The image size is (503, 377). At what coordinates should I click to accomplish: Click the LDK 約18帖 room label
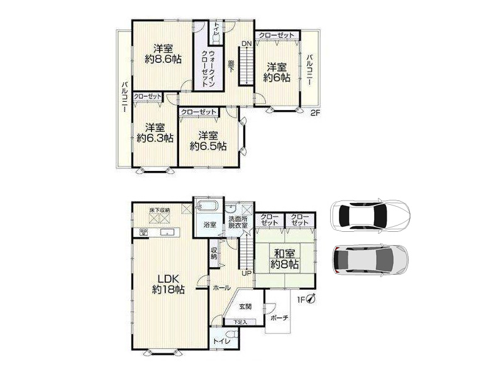point(168,284)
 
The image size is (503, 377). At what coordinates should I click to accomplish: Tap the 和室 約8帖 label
point(285,259)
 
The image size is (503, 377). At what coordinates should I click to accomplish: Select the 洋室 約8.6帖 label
point(163,54)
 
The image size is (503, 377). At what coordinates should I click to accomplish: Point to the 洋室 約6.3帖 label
point(155,133)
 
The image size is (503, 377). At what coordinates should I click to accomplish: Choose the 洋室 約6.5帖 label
point(208,141)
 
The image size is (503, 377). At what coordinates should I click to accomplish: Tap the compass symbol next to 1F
point(311,299)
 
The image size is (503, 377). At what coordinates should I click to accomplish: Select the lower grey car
point(370,260)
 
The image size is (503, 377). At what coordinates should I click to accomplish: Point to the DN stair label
point(246,44)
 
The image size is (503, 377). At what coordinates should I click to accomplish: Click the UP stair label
point(246,273)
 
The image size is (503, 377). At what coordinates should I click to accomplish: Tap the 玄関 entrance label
point(245,307)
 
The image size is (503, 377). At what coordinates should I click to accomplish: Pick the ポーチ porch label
point(279,318)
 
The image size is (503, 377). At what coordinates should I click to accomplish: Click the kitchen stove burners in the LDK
point(143,232)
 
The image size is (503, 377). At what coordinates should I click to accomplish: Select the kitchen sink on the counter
point(167,232)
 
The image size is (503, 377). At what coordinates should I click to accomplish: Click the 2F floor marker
point(316,112)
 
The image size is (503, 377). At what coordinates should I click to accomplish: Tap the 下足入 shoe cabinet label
point(240,322)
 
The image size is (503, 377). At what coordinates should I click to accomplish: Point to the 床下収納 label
point(160,210)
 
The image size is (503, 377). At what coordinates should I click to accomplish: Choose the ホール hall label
point(222,288)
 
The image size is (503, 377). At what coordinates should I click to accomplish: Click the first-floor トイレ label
point(222,341)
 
